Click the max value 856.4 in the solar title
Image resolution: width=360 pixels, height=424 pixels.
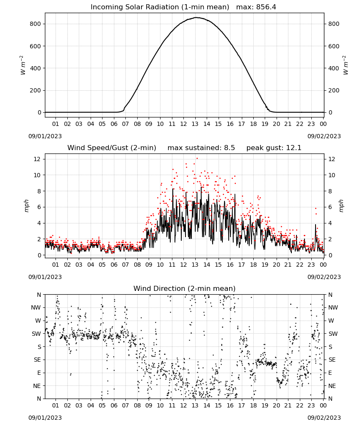(266, 7)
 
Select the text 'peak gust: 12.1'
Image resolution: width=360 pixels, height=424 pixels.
(274, 148)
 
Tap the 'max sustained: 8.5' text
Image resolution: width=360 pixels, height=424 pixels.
(201, 148)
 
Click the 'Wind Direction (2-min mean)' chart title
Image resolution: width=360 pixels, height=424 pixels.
(185, 288)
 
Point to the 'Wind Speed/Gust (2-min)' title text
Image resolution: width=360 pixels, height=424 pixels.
(112, 148)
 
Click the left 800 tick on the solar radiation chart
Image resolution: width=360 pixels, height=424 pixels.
(36, 24)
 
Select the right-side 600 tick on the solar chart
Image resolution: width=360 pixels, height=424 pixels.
(334, 46)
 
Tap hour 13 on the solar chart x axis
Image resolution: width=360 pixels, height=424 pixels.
(195, 124)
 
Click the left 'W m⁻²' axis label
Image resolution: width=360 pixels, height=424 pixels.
(23, 65)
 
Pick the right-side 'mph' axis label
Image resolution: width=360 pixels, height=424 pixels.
(341, 206)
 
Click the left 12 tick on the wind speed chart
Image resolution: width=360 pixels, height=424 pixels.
(37, 159)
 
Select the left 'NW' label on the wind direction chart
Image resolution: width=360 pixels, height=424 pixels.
(36, 307)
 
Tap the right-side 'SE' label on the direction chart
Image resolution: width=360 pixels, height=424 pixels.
(332, 360)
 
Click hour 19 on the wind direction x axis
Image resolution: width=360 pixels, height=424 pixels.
(265, 405)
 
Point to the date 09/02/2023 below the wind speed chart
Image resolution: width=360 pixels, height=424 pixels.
(324, 277)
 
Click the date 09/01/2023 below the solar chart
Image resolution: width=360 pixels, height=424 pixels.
(45, 136)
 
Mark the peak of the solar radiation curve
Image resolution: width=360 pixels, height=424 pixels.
(197, 17)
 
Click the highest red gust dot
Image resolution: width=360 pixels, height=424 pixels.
(197, 159)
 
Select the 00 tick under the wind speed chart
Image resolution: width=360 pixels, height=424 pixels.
(323, 265)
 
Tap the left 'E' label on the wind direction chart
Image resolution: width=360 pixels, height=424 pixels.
(39, 373)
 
